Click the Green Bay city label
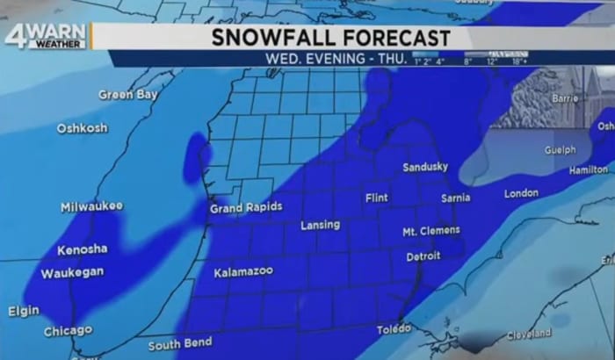click(x=127, y=95)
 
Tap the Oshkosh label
click(x=83, y=128)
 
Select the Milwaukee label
click(x=91, y=206)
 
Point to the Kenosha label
click(x=83, y=248)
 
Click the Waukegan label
click(x=72, y=273)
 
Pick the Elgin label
click(x=24, y=311)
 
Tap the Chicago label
click(x=68, y=331)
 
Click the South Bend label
click(x=180, y=343)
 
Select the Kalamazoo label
click(x=243, y=272)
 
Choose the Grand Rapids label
click(x=246, y=208)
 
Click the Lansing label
click(x=320, y=225)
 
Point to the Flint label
click(x=376, y=198)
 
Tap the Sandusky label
click(x=425, y=167)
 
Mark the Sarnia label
click(x=455, y=198)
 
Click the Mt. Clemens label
click(x=430, y=231)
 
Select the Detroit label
click(x=423, y=257)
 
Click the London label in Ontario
click(x=521, y=192)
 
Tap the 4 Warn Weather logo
click(x=45, y=36)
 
